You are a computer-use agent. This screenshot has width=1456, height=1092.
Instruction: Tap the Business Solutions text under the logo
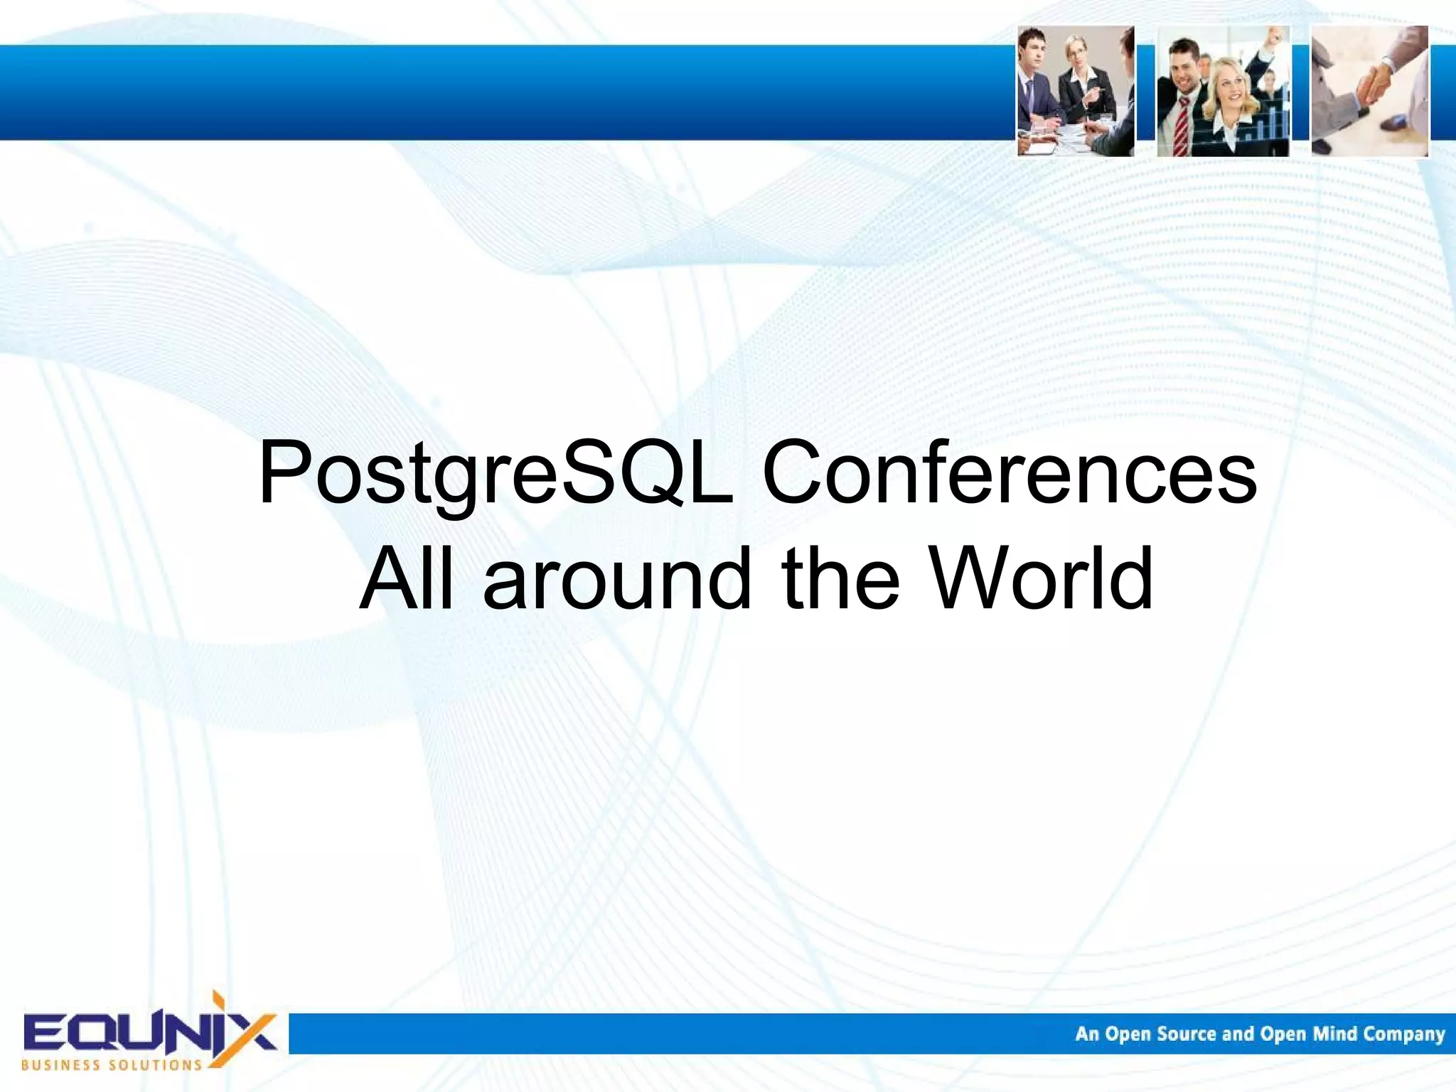112,1065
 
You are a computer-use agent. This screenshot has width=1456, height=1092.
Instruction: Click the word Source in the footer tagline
1187,1034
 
